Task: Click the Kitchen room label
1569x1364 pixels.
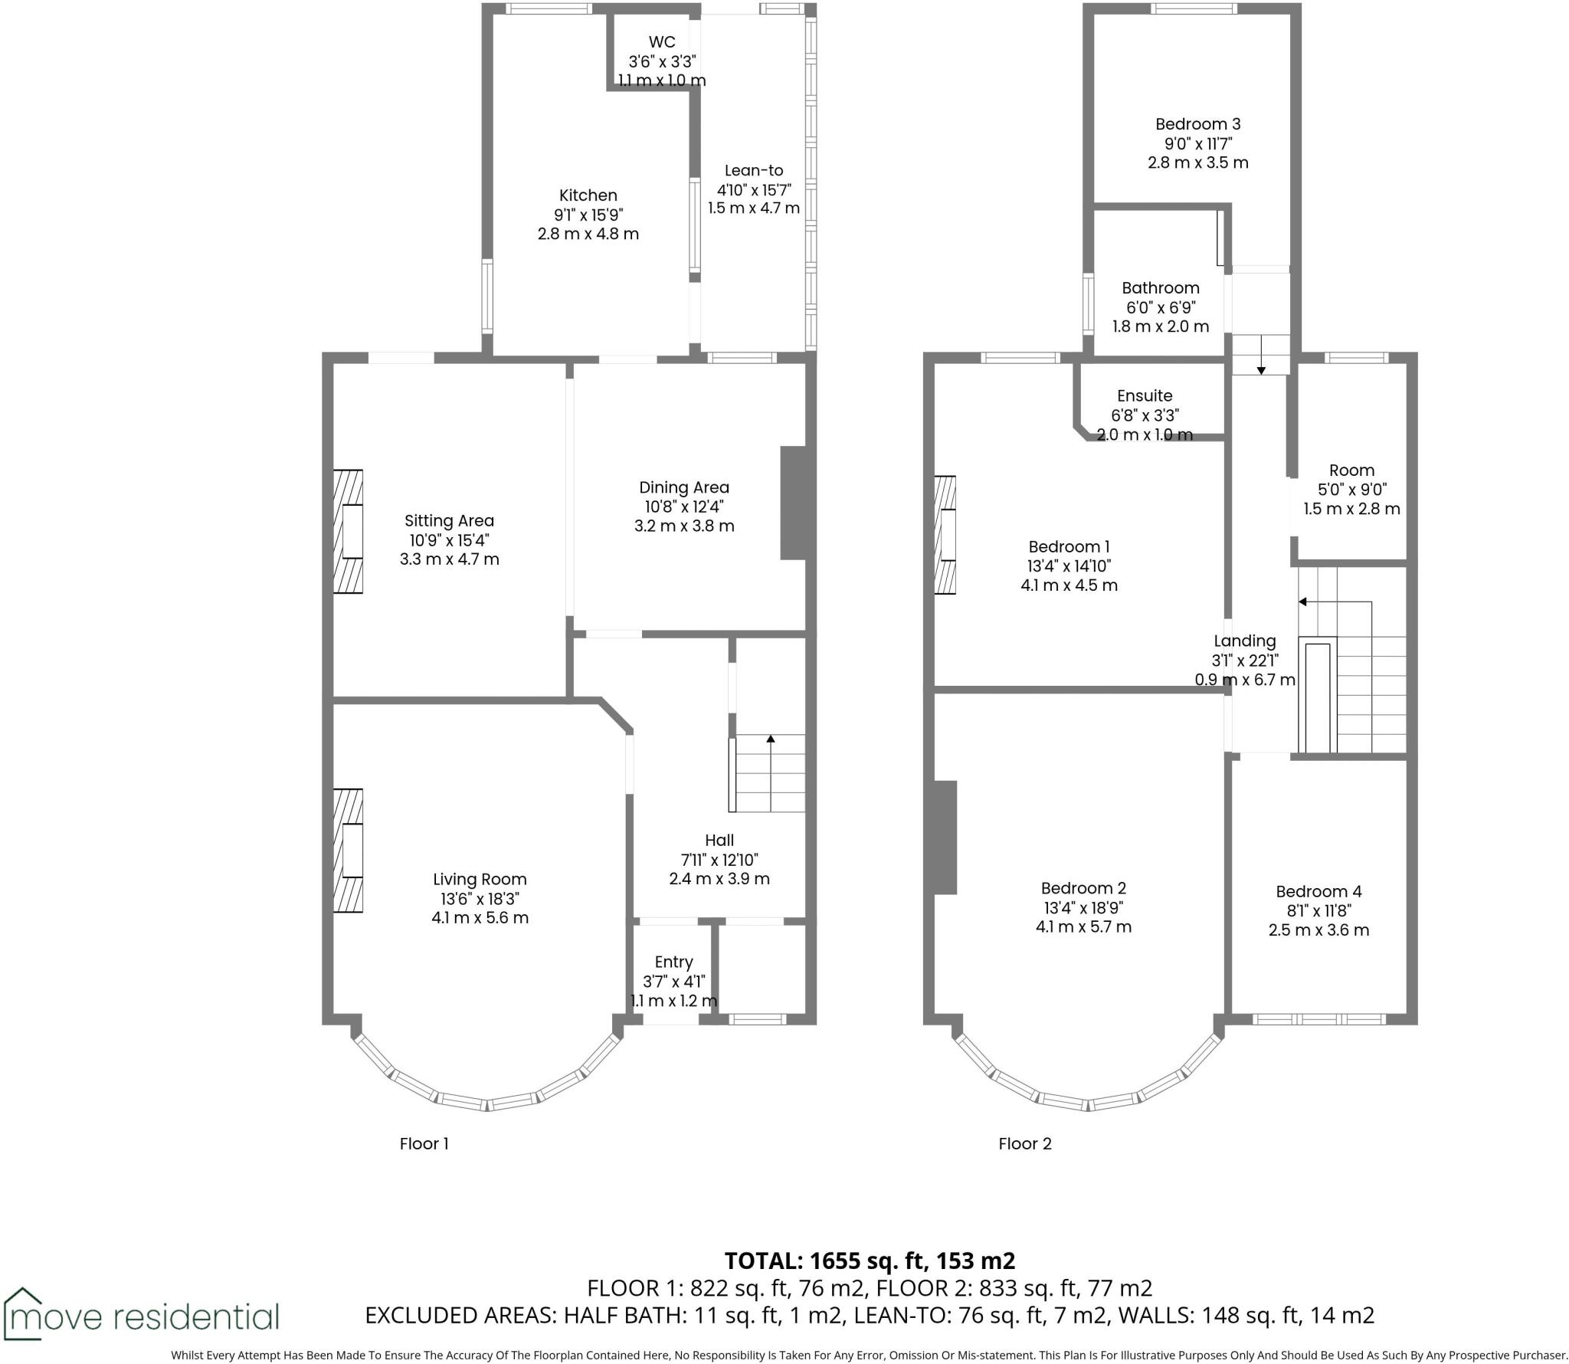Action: coord(588,195)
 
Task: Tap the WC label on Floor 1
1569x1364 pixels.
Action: coord(661,42)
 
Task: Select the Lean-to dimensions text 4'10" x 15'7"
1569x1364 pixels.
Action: coord(754,189)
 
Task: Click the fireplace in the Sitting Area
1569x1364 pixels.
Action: coord(348,531)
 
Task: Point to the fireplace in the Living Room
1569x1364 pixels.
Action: coord(348,850)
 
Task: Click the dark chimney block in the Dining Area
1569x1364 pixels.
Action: coord(793,503)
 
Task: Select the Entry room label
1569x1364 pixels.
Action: coord(673,962)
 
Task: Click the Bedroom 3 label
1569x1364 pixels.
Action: coord(1197,124)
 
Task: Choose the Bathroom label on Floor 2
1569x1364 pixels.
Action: coord(1160,288)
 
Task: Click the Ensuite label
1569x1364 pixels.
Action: coord(1145,396)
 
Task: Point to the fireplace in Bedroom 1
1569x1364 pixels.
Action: coord(945,535)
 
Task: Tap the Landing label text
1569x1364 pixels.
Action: coord(1244,641)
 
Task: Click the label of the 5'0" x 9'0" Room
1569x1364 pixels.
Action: coord(1351,471)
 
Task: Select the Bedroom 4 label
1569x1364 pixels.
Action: coord(1318,891)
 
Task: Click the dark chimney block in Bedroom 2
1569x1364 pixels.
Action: coord(945,837)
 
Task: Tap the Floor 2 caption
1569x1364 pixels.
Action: coord(1024,1144)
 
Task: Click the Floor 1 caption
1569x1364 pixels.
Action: coord(424,1144)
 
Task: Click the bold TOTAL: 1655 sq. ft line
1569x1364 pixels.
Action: coord(870,1261)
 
